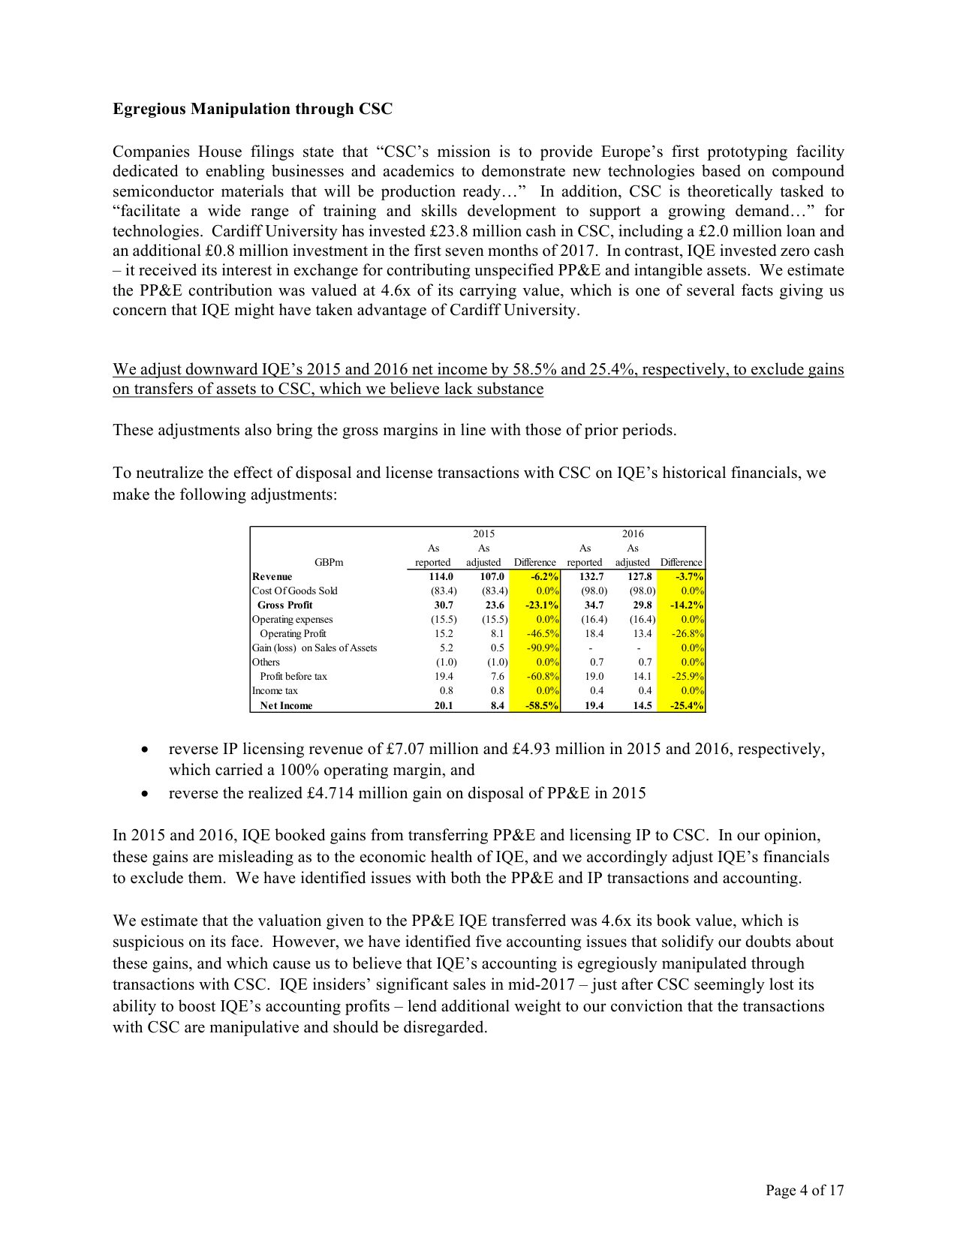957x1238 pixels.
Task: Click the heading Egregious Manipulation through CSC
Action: click(252, 109)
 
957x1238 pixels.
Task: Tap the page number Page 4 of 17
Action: click(804, 1190)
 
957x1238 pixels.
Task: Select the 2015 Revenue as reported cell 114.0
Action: click(441, 577)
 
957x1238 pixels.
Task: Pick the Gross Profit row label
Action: click(284, 605)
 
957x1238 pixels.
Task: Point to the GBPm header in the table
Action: click(329, 562)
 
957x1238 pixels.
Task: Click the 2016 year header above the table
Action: click(632, 534)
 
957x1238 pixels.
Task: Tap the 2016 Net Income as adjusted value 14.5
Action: click(642, 705)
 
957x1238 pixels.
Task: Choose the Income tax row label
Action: click(275, 691)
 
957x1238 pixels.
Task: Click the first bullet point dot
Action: click(144, 750)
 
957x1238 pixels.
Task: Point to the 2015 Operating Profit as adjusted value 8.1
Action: click(497, 634)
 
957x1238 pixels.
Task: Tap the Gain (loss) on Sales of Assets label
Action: click(314, 648)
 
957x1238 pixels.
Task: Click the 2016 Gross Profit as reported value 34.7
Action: click(594, 605)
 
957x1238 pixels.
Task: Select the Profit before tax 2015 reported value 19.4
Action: click(444, 677)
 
